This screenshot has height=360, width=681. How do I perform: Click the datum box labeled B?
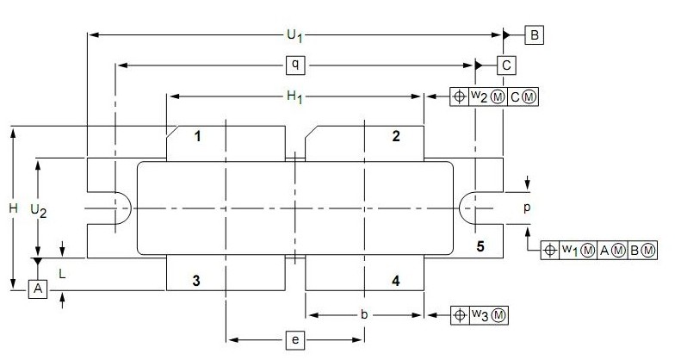point(535,35)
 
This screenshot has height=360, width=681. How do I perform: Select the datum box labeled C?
point(507,65)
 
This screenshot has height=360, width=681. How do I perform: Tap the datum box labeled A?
point(37,289)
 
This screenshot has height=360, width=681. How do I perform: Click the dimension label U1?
point(294,35)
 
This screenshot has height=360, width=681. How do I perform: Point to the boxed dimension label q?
point(294,65)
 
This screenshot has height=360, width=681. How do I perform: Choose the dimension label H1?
point(294,96)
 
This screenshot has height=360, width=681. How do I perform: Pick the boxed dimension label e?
point(294,341)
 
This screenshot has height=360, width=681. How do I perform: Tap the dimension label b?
point(364,315)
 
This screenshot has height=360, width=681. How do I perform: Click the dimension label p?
point(526,208)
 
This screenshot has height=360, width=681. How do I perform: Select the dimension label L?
point(63,273)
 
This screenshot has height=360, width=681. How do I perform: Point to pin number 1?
point(197,136)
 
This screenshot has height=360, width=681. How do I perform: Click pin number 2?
point(396,136)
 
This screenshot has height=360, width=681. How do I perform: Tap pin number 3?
point(197,281)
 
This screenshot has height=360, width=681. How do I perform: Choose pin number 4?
point(396,281)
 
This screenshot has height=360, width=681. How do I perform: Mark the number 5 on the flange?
point(480,247)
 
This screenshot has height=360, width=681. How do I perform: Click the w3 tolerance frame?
point(480,315)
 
